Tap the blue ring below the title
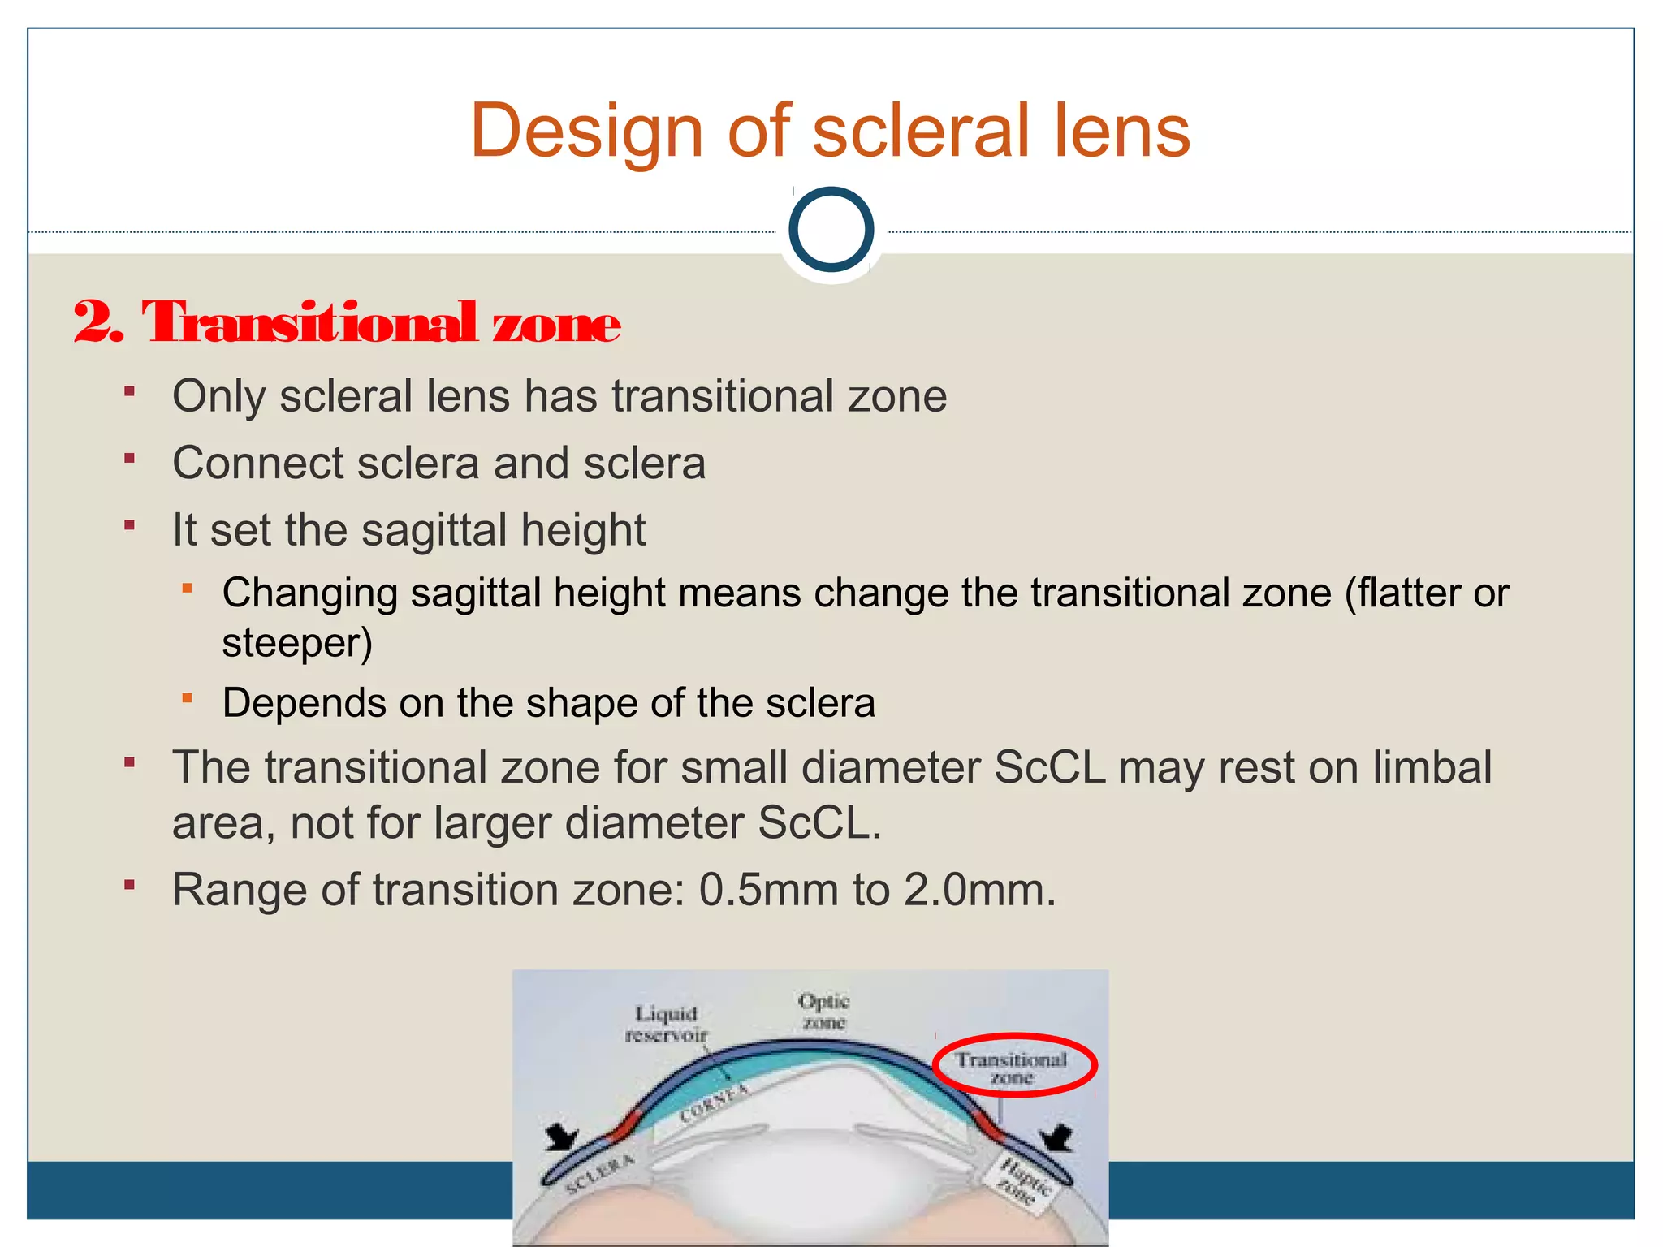pos(831,230)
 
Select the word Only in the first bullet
pos(218,396)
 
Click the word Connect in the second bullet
pos(257,464)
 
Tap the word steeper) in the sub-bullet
pos(297,643)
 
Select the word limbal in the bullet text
pos(1432,767)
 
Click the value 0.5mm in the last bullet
pos(768,890)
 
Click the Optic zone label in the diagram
pos(823,1012)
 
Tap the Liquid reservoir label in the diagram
pos(667,1024)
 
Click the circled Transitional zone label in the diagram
pos(1012,1067)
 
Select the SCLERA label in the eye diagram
pos(600,1174)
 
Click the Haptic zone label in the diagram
pos(1024,1181)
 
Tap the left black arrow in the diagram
pos(562,1137)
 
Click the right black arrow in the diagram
pos(1056,1137)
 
